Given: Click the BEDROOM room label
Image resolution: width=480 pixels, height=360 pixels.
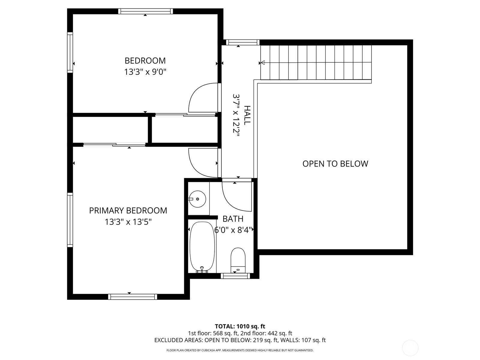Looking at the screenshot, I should pyautogui.click(x=145, y=61).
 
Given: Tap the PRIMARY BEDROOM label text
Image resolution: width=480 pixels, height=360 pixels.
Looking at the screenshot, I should pyautogui.click(x=128, y=211).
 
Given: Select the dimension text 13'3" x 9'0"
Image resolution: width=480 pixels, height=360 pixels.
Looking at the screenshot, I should pyautogui.click(x=145, y=72).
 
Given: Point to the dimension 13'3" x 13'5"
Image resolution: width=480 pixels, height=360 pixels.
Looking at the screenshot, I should pyautogui.click(x=128, y=222).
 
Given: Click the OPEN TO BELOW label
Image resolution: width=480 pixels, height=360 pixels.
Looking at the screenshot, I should pyautogui.click(x=335, y=164).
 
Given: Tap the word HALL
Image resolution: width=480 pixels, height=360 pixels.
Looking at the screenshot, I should pyautogui.click(x=247, y=115).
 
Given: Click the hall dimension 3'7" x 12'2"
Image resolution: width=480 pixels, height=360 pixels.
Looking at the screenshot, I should pyautogui.click(x=236, y=115).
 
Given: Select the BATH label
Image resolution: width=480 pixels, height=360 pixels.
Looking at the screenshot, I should pyautogui.click(x=233, y=219).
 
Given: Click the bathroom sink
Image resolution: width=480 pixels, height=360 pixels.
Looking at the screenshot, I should pyautogui.click(x=197, y=199).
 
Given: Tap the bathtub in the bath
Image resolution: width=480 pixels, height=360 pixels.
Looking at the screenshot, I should pyautogui.click(x=202, y=247).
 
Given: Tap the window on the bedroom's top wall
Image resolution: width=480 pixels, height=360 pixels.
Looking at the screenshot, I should pyautogui.click(x=145, y=11).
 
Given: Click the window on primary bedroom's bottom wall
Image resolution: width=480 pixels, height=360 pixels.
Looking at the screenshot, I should pyautogui.click(x=132, y=297).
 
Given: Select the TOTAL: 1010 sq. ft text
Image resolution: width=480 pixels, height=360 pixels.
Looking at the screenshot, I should pyautogui.click(x=240, y=326).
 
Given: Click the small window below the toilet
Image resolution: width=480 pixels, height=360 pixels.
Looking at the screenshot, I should pyautogui.click(x=235, y=276).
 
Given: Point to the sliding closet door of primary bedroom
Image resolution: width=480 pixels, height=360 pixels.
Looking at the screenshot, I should pyautogui.click(x=114, y=145).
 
